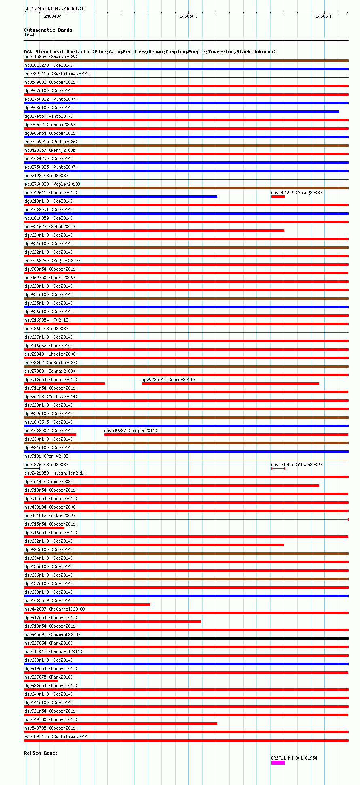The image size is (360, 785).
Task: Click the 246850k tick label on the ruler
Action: pyautogui.click(x=188, y=16)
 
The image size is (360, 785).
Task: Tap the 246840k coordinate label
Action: pyautogui.click(x=53, y=16)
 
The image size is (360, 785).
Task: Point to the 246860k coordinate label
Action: pyautogui.click(x=324, y=16)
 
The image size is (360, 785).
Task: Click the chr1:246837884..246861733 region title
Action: pyautogui.click(x=55, y=8)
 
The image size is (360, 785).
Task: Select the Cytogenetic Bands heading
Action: pyautogui.click(x=48, y=30)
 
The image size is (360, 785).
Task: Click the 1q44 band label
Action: pyautogui.click(x=29, y=35)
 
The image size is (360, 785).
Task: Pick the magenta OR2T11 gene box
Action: pyautogui.click(x=278, y=763)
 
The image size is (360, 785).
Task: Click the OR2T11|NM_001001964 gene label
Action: pyautogui.click(x=294, y=758)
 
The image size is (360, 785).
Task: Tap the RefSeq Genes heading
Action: pyautogui.click(x=41, y=753)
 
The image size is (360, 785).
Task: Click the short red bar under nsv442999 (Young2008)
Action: pyautogui.click(x=278, y=197)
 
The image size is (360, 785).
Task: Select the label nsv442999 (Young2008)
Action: pyautogui.click(x=296, y=193)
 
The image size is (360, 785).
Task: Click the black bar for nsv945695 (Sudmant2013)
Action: pyautogui.click(x=186, y=639)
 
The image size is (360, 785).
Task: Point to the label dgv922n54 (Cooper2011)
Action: pyautogui.click(x=168, y=380)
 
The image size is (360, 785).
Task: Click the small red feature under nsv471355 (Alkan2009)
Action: pyautogui.click(x=278, y=469)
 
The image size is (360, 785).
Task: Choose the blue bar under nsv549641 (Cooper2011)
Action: pyautogui.click(x=121, y=197)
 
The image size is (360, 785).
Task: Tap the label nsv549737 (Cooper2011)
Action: pyautogui.click(x=131, y=431)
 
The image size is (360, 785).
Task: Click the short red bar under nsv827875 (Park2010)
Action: pyautogui.click(x=41, y=681)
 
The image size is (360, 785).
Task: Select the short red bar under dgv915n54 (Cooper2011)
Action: pyautogui.click(x=44, y=528)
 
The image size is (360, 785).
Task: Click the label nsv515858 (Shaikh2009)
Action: pyautogui.click(x=51, y=57)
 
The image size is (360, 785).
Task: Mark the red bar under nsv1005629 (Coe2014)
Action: pyautogui.click(x=87, y=605)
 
